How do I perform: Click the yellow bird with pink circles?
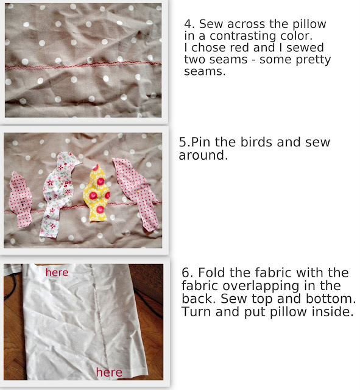[x=96, y=194]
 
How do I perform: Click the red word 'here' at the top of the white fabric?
[x=57, y=272]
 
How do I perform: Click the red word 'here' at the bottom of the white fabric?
[x=109, y=372]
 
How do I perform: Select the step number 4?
[x=189, y=24]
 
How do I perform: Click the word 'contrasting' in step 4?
[x=242, y=37]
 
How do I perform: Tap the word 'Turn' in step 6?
[x=196, y=311]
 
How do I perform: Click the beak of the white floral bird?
[x=80, y=163]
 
